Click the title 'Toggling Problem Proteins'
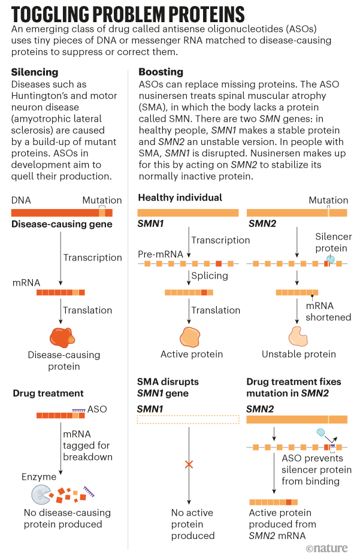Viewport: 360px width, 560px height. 128,14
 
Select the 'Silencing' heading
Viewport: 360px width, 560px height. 35,72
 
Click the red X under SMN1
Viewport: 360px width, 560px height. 189,464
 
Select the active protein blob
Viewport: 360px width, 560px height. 190,337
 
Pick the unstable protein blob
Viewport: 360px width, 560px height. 297,337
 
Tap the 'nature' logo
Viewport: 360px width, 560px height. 330,548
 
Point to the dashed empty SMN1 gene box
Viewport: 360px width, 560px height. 188,420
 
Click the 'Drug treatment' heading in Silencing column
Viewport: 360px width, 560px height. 49,393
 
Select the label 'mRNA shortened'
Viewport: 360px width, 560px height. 328,311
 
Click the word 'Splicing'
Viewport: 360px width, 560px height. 210,276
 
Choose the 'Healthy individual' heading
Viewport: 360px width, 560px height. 180,198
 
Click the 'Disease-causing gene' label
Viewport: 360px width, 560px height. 62,224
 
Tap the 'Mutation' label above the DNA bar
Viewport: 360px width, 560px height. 102,200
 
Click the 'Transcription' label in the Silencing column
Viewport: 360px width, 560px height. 93,258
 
